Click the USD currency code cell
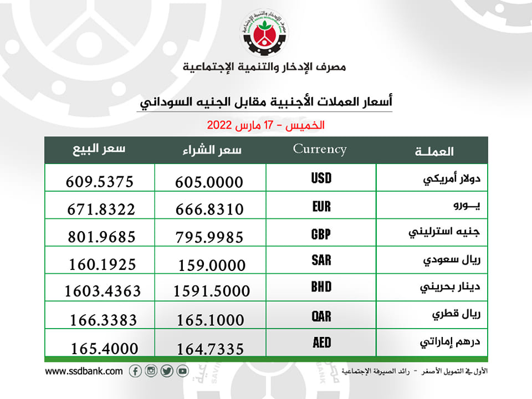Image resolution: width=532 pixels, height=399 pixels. (x=321, y=178)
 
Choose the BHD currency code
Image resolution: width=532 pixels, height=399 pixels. (x=321, y=287)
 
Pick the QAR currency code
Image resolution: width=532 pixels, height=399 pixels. (x=321, y=316)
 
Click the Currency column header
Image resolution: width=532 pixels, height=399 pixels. (x=320, y=149)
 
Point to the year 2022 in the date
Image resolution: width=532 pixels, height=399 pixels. (x=219, y=125)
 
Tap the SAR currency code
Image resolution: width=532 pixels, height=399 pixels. (x=321, y=260)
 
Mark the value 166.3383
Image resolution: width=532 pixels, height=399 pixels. (x=104, y=320)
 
